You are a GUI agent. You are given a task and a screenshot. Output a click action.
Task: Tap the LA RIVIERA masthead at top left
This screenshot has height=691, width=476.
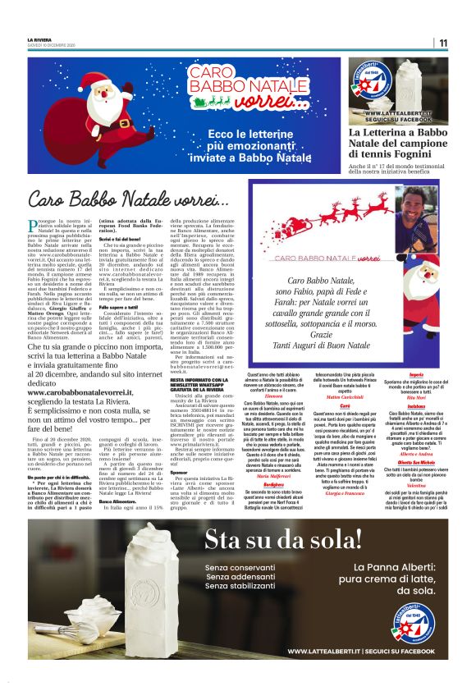pyautogui.click(x=39, y=39)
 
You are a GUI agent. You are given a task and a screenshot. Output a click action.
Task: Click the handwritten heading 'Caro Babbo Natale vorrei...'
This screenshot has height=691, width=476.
pyautogui.click(x=123, y=199)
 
